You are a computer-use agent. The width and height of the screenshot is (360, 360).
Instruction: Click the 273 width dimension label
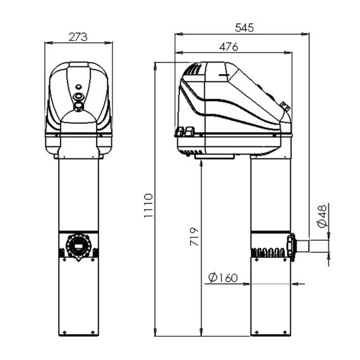(78, 37)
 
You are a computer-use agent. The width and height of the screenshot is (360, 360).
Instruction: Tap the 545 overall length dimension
(244, 28)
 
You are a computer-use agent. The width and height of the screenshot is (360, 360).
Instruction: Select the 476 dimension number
(229, 47)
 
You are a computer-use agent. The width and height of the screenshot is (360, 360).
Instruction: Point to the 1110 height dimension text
(148, 205)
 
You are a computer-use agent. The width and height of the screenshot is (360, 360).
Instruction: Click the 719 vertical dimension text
(195, 237)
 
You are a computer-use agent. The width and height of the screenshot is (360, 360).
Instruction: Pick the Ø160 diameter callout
(223, 277)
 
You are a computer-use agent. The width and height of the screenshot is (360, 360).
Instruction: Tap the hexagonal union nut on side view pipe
(291, 247)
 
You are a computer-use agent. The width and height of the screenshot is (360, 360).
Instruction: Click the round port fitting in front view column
(78, 246)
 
